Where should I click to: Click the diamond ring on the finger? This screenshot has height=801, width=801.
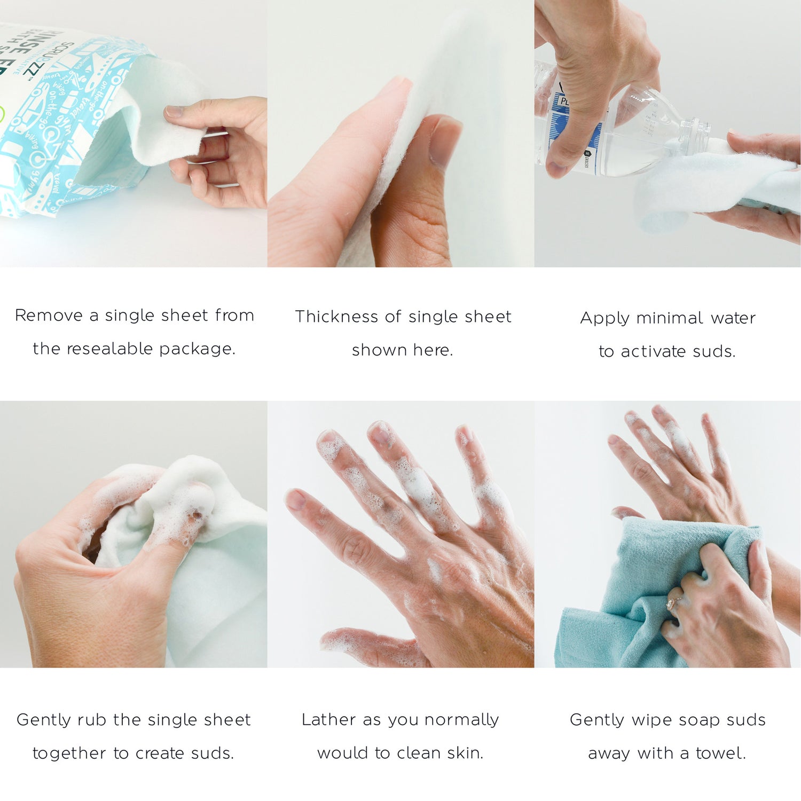point(672,603)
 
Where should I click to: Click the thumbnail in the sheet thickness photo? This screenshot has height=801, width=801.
point(444,142)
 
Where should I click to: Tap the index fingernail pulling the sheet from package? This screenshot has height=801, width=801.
point(174,111)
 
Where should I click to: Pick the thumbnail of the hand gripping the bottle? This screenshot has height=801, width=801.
point(555,169)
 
